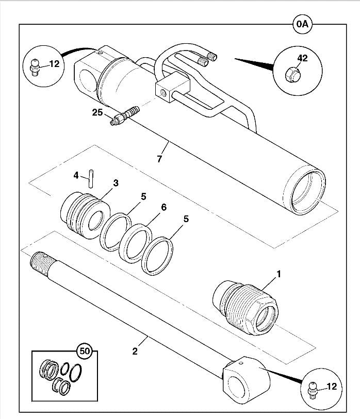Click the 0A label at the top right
click(x=302, y=24)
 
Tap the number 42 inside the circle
click(x=302, y=58)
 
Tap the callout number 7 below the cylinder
click(x=159, y=159)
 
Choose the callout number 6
click(x=163, y=207)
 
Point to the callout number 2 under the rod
click(x=135, y=351)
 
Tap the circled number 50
click(x=85, y=351)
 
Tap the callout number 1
click(x=279, y=274)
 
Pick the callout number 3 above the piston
click(x=116, y=183)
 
